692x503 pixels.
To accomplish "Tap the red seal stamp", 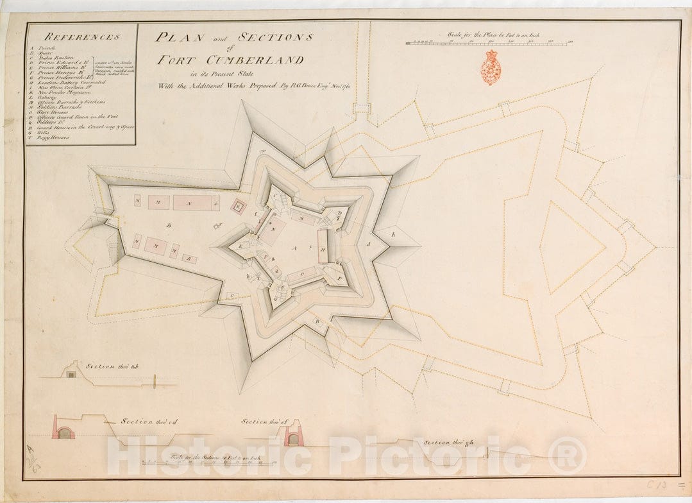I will pyautogui.click(x=492, y=67).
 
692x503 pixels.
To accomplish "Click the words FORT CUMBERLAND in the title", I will pyautogui.click(x=232, y=60).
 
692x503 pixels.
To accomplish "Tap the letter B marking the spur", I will pyautogui.click(x=169, y=226).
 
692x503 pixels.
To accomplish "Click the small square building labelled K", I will pyautogui.click(x=239, y=207).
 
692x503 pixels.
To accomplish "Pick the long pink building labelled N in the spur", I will pyautogui.click(x=195, y=203).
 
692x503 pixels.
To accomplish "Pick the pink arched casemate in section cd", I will pyautogui.click(x=63, y=431).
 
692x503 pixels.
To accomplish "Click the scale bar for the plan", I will pyautogui.click(x=488, y=44).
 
